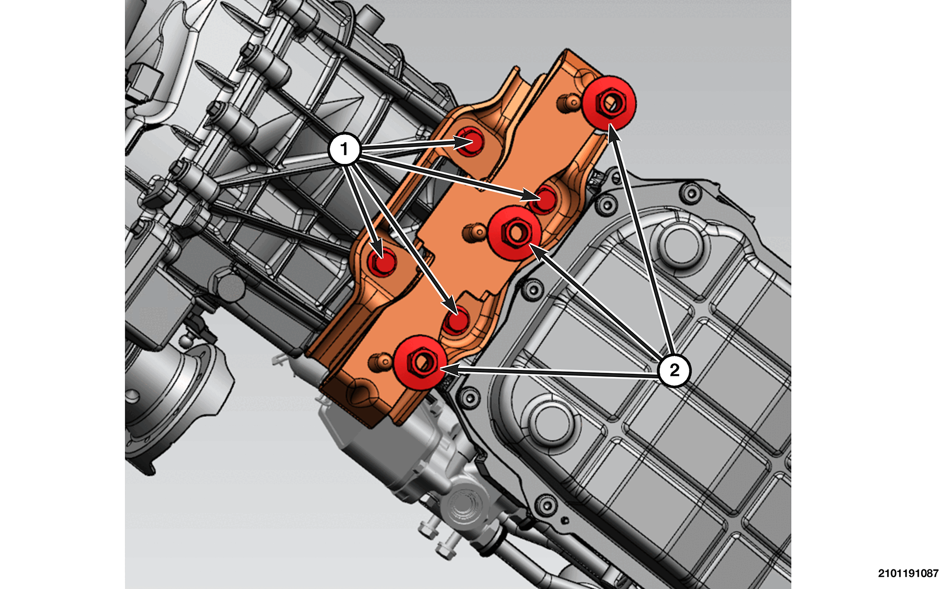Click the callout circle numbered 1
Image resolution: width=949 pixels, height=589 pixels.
[345, 149]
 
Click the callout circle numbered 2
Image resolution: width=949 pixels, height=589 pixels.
[674, 370]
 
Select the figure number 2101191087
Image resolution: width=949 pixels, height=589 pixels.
[908, 573]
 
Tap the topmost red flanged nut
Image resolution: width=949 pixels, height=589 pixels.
[610, 103]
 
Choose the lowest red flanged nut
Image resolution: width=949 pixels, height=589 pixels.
[420, 362]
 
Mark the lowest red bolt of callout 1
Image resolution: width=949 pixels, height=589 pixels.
[456, 321]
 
